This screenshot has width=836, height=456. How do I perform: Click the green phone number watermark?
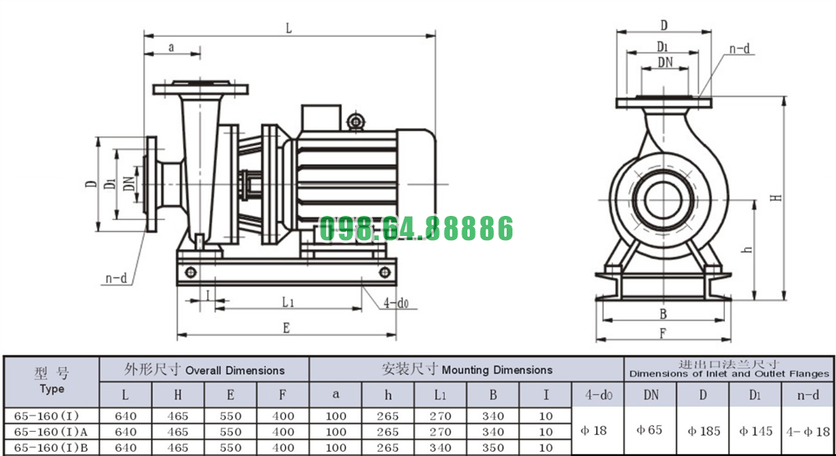point(415,228)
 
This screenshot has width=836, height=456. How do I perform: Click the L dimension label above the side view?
point(288,28)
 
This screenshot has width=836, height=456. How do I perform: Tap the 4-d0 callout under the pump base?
point(396,303)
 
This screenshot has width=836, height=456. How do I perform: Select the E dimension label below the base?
point(286,328)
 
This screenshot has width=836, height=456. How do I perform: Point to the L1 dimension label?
point(288,302)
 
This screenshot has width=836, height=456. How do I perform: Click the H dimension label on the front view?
point(777,197)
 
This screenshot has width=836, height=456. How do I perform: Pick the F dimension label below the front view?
point(663,333)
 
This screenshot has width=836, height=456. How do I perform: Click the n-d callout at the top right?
point(740,49)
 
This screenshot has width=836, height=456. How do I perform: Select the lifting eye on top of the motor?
point(355,121)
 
